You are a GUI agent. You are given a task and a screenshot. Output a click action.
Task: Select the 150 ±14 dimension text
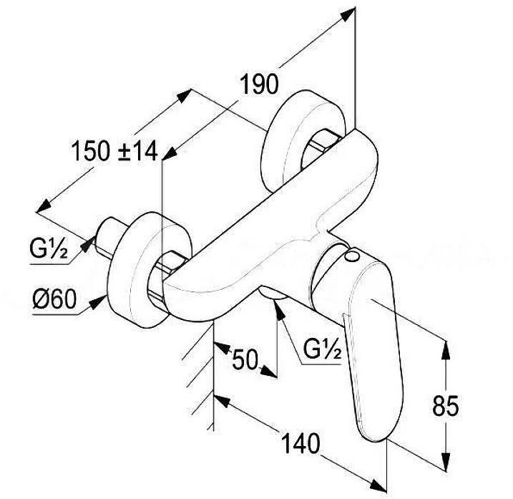[115, 151]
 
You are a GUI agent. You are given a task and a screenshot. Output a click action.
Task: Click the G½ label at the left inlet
[49, 251]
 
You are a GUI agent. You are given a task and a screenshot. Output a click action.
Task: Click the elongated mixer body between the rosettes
[272, 215]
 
